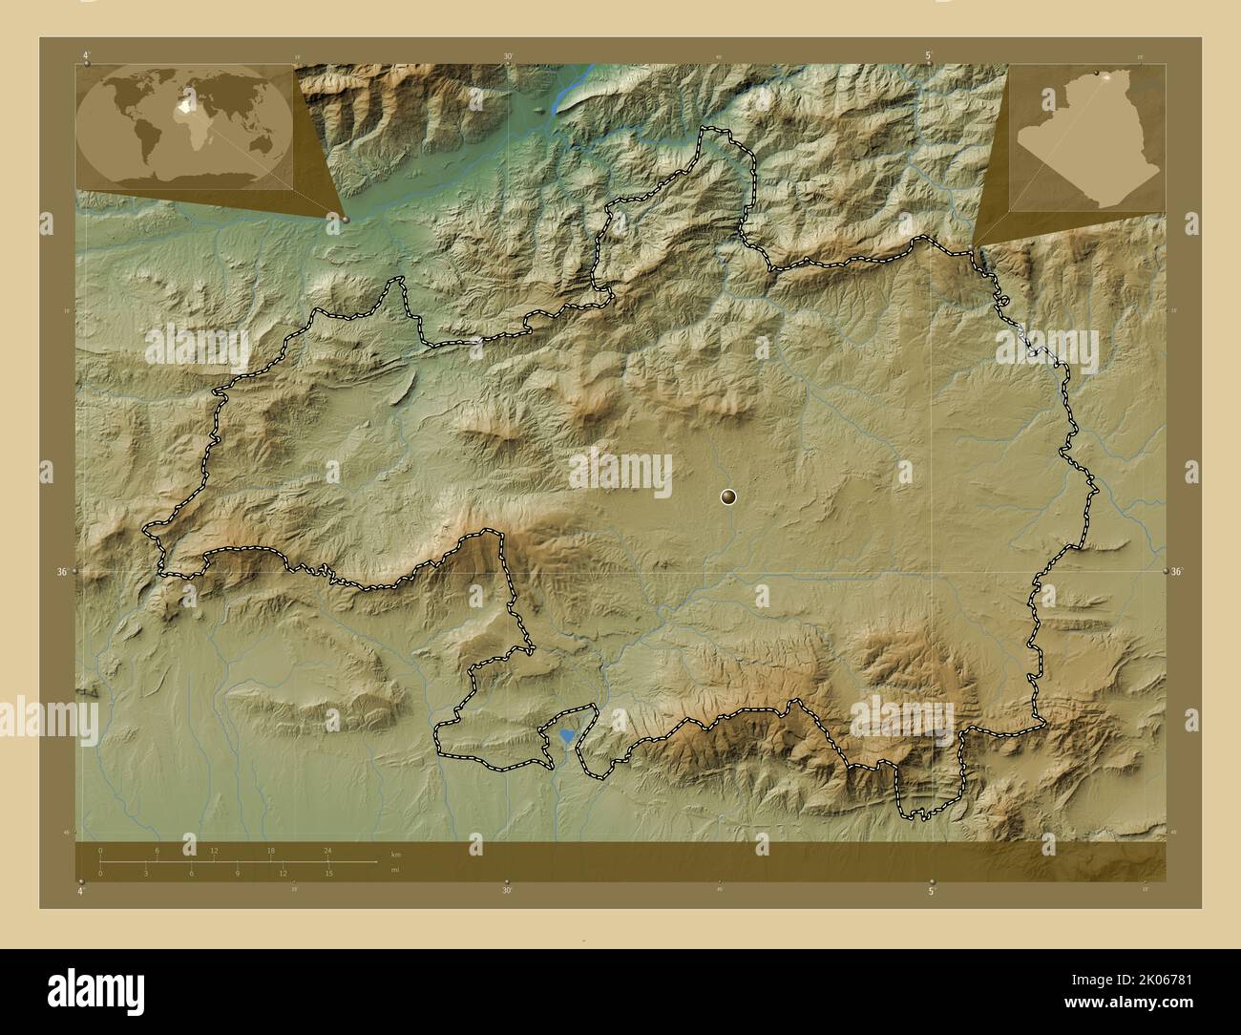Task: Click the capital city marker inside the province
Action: [728, 496]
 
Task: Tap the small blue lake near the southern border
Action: [568, 736]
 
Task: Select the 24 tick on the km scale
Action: [327, 851]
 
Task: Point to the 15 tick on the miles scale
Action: [327, 873]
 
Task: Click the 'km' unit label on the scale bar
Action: [395, 853]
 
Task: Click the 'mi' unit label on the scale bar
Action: [395, 870]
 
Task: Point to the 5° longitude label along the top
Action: [929, 56]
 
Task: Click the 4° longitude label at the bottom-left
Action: [82, 891]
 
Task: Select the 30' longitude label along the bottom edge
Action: [507, 891]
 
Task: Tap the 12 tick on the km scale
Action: [214, 851]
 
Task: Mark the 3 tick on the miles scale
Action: [145, 873]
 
